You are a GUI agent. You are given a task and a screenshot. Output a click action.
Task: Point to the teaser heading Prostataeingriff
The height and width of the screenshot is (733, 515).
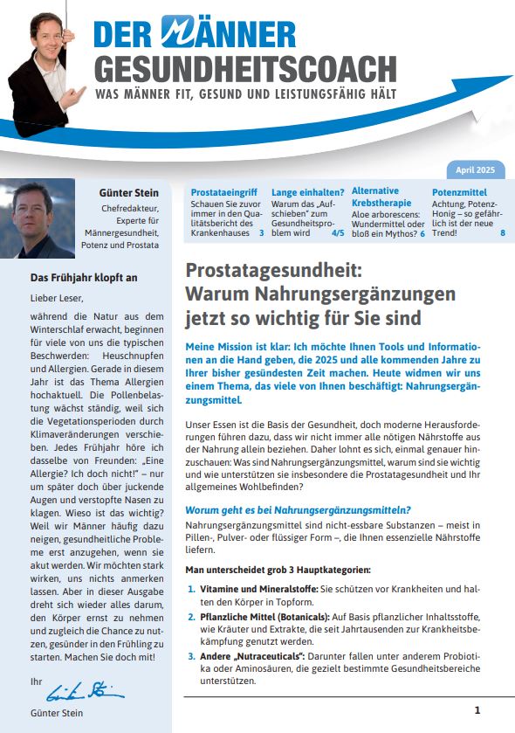224,190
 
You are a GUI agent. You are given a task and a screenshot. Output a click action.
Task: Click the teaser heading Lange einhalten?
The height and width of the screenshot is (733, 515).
308,190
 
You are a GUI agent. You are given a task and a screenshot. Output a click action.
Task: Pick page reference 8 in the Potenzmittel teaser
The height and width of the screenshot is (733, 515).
503,233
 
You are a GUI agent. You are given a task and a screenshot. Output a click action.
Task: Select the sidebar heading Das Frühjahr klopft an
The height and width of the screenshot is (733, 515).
73,278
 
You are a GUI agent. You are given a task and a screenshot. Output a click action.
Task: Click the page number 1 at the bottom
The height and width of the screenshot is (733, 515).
477,710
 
